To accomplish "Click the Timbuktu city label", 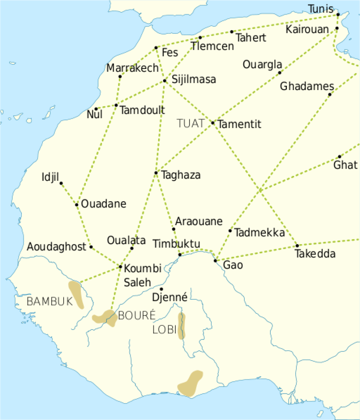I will tap(176, 244).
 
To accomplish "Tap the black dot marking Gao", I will tap(215, 261).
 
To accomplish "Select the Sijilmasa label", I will tap(194, 79).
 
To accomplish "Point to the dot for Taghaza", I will tap(156, 173).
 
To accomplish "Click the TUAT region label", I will tap(191, 123).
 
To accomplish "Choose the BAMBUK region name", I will tap(50, 302).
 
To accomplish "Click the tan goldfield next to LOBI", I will tap(182, 326).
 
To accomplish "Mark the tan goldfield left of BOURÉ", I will tap(105, 318).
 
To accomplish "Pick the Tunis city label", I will tap(321, 8).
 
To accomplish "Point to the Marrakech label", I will tap(132, 68).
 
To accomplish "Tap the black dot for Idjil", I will tap(61, 183).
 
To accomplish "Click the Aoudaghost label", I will tap(57, 247).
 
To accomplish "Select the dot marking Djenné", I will tap(161, 289).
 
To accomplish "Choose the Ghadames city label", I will tap(307, 86).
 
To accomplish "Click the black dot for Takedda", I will tap(297, 245).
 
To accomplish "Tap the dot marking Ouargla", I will tap(280, 72).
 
